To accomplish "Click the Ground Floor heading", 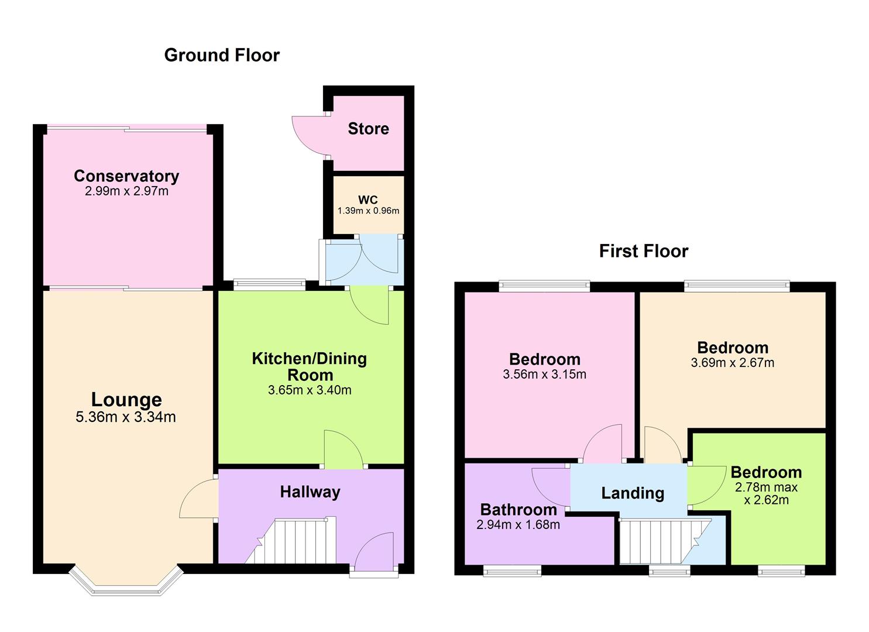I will (x=222, y=55).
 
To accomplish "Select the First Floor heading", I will (x=643, y=251).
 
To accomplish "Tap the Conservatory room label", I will (x=126, y=176).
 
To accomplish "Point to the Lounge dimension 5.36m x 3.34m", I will (x=126, y=417).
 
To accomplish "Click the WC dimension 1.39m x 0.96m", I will (x=368, y=211).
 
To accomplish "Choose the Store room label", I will (x=368, y=129).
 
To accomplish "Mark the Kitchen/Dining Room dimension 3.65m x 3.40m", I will (x=310, y=390).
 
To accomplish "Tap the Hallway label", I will (x=310, y=492).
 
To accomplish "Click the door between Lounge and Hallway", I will (x=197, y=499).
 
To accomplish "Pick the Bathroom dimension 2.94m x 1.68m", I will (x=518, y=525).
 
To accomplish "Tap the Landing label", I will (x=633, y=493).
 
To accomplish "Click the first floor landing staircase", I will (x=661, y=541).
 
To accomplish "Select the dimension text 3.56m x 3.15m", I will (x=544, y=375).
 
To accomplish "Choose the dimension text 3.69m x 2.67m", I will (x=732, y=363).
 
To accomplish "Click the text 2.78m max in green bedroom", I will (x=766, y=487).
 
